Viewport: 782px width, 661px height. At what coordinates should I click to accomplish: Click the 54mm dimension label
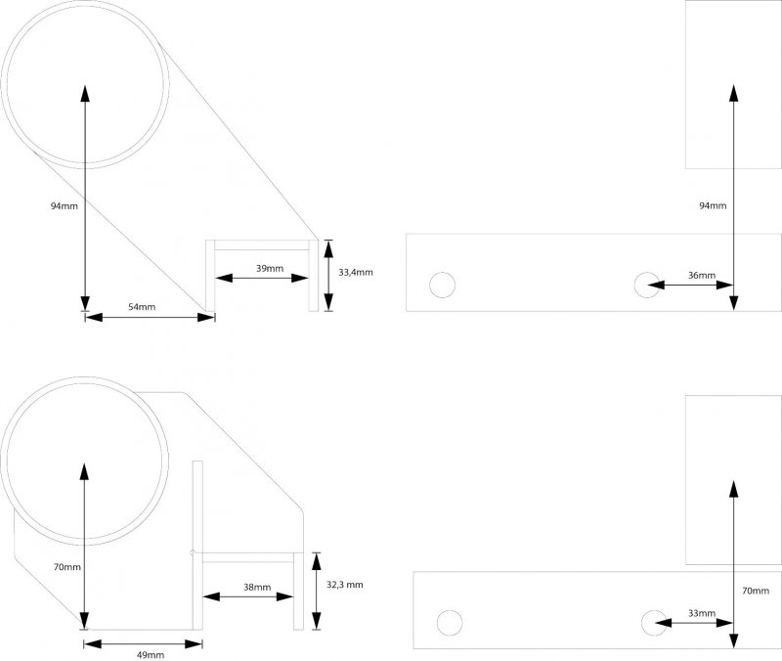point(142,307)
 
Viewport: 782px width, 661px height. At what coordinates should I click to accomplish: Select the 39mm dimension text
point(270,268)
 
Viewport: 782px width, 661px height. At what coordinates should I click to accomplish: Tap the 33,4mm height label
point(356,273)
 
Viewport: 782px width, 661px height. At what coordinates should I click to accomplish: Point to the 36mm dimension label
point(702,276)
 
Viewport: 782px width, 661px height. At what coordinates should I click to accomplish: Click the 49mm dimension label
point(150,654)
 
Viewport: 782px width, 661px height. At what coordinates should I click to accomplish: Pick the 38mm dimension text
point(256,587)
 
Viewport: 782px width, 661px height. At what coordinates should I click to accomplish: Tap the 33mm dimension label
point(701,613)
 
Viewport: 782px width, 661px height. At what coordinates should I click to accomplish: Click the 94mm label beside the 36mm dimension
point(713,205)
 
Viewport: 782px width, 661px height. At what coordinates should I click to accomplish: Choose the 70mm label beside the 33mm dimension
point(756,591)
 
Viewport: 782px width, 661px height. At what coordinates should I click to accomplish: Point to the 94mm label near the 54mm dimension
point(64,206)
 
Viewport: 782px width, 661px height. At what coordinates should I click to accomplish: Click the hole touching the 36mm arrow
point(646,285)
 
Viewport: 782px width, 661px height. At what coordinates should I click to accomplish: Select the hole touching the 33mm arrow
point(654,622)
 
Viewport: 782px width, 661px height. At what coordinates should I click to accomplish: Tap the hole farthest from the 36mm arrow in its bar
point(443,285)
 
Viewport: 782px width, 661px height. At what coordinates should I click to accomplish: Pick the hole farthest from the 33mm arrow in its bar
point(450,623)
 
